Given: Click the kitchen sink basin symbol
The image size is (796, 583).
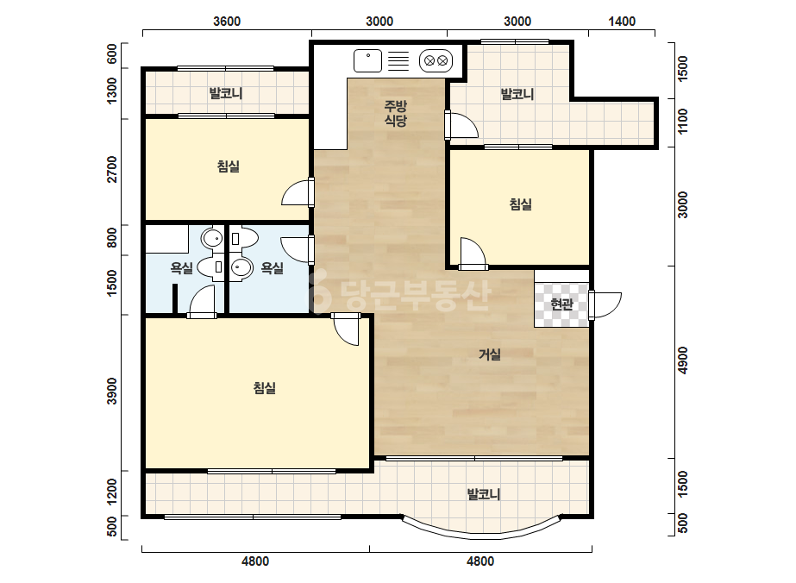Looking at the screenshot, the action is [x=367, y=61].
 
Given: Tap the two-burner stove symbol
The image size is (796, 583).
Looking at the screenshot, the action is [x=436, y=61].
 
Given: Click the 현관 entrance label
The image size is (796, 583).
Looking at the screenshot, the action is [x=561, y=304].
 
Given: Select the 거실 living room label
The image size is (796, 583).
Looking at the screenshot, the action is [x=490, y=354].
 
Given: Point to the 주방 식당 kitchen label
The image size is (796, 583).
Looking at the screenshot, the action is [x=395, y=113].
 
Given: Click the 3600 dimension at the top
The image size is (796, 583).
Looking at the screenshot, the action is [x=227, y=22].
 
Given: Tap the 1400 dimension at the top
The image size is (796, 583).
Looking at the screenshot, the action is [x=622, y=22].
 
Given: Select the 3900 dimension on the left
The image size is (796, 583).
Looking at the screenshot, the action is [x=112, y=391].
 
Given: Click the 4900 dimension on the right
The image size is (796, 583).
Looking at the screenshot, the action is [x=683, y=360].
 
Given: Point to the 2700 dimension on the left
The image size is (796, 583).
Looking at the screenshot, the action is [x=112, y=170].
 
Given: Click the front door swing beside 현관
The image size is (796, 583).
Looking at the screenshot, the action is [x=605, y=305].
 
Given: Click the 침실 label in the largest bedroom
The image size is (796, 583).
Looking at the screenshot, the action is [x=265, y=388].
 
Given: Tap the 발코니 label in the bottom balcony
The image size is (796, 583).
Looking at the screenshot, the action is [x=484, y=494].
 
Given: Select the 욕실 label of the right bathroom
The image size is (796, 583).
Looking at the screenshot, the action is [x=273, y=267].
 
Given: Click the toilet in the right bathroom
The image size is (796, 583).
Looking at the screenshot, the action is [x=244, y=238].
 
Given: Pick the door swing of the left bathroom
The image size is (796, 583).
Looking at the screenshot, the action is [x=202, y=302].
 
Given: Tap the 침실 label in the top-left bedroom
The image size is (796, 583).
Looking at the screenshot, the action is [x=229, y=166].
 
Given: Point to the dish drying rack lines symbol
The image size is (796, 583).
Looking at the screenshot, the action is [x=398, y=61].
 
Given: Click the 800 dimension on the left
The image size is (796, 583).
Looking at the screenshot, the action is [x=112, y=238].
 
